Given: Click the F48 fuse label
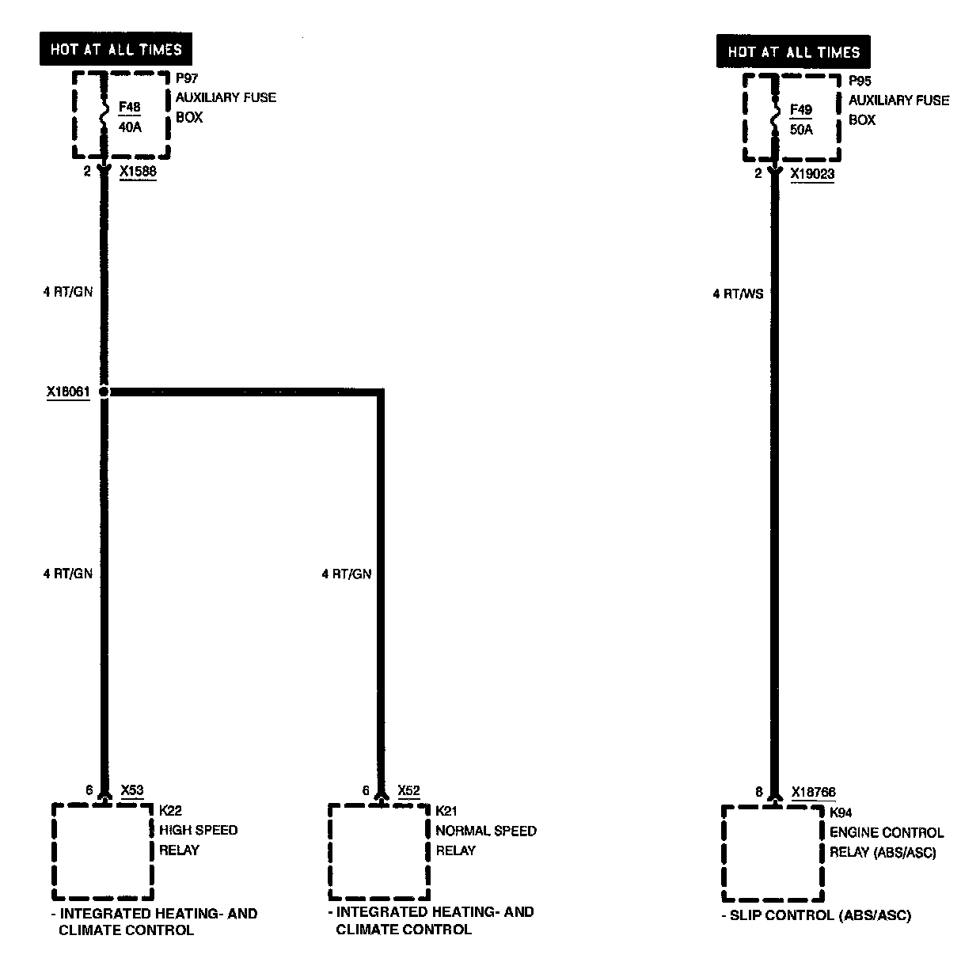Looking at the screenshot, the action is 130,107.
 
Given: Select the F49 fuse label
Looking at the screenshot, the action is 801,110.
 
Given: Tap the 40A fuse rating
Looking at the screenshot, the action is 130,127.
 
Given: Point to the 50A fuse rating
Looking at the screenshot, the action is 801,130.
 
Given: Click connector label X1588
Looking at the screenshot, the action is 138,171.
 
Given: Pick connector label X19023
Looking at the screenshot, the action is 812,174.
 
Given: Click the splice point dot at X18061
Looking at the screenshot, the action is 104,391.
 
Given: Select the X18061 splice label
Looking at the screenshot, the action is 67,391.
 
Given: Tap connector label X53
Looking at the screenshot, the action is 132,790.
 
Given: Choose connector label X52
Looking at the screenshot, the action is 408,790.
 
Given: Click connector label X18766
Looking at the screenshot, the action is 813,792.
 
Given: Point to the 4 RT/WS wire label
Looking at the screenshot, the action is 738,294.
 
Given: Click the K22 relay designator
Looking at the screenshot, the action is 170,810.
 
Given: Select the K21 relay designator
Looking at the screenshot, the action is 446,811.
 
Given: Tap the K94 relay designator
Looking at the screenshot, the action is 841,812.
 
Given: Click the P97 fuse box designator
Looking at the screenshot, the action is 186,78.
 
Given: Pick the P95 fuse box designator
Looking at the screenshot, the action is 860,81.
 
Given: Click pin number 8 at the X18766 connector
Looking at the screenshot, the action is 758,792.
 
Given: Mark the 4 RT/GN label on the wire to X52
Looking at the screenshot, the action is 346,574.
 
